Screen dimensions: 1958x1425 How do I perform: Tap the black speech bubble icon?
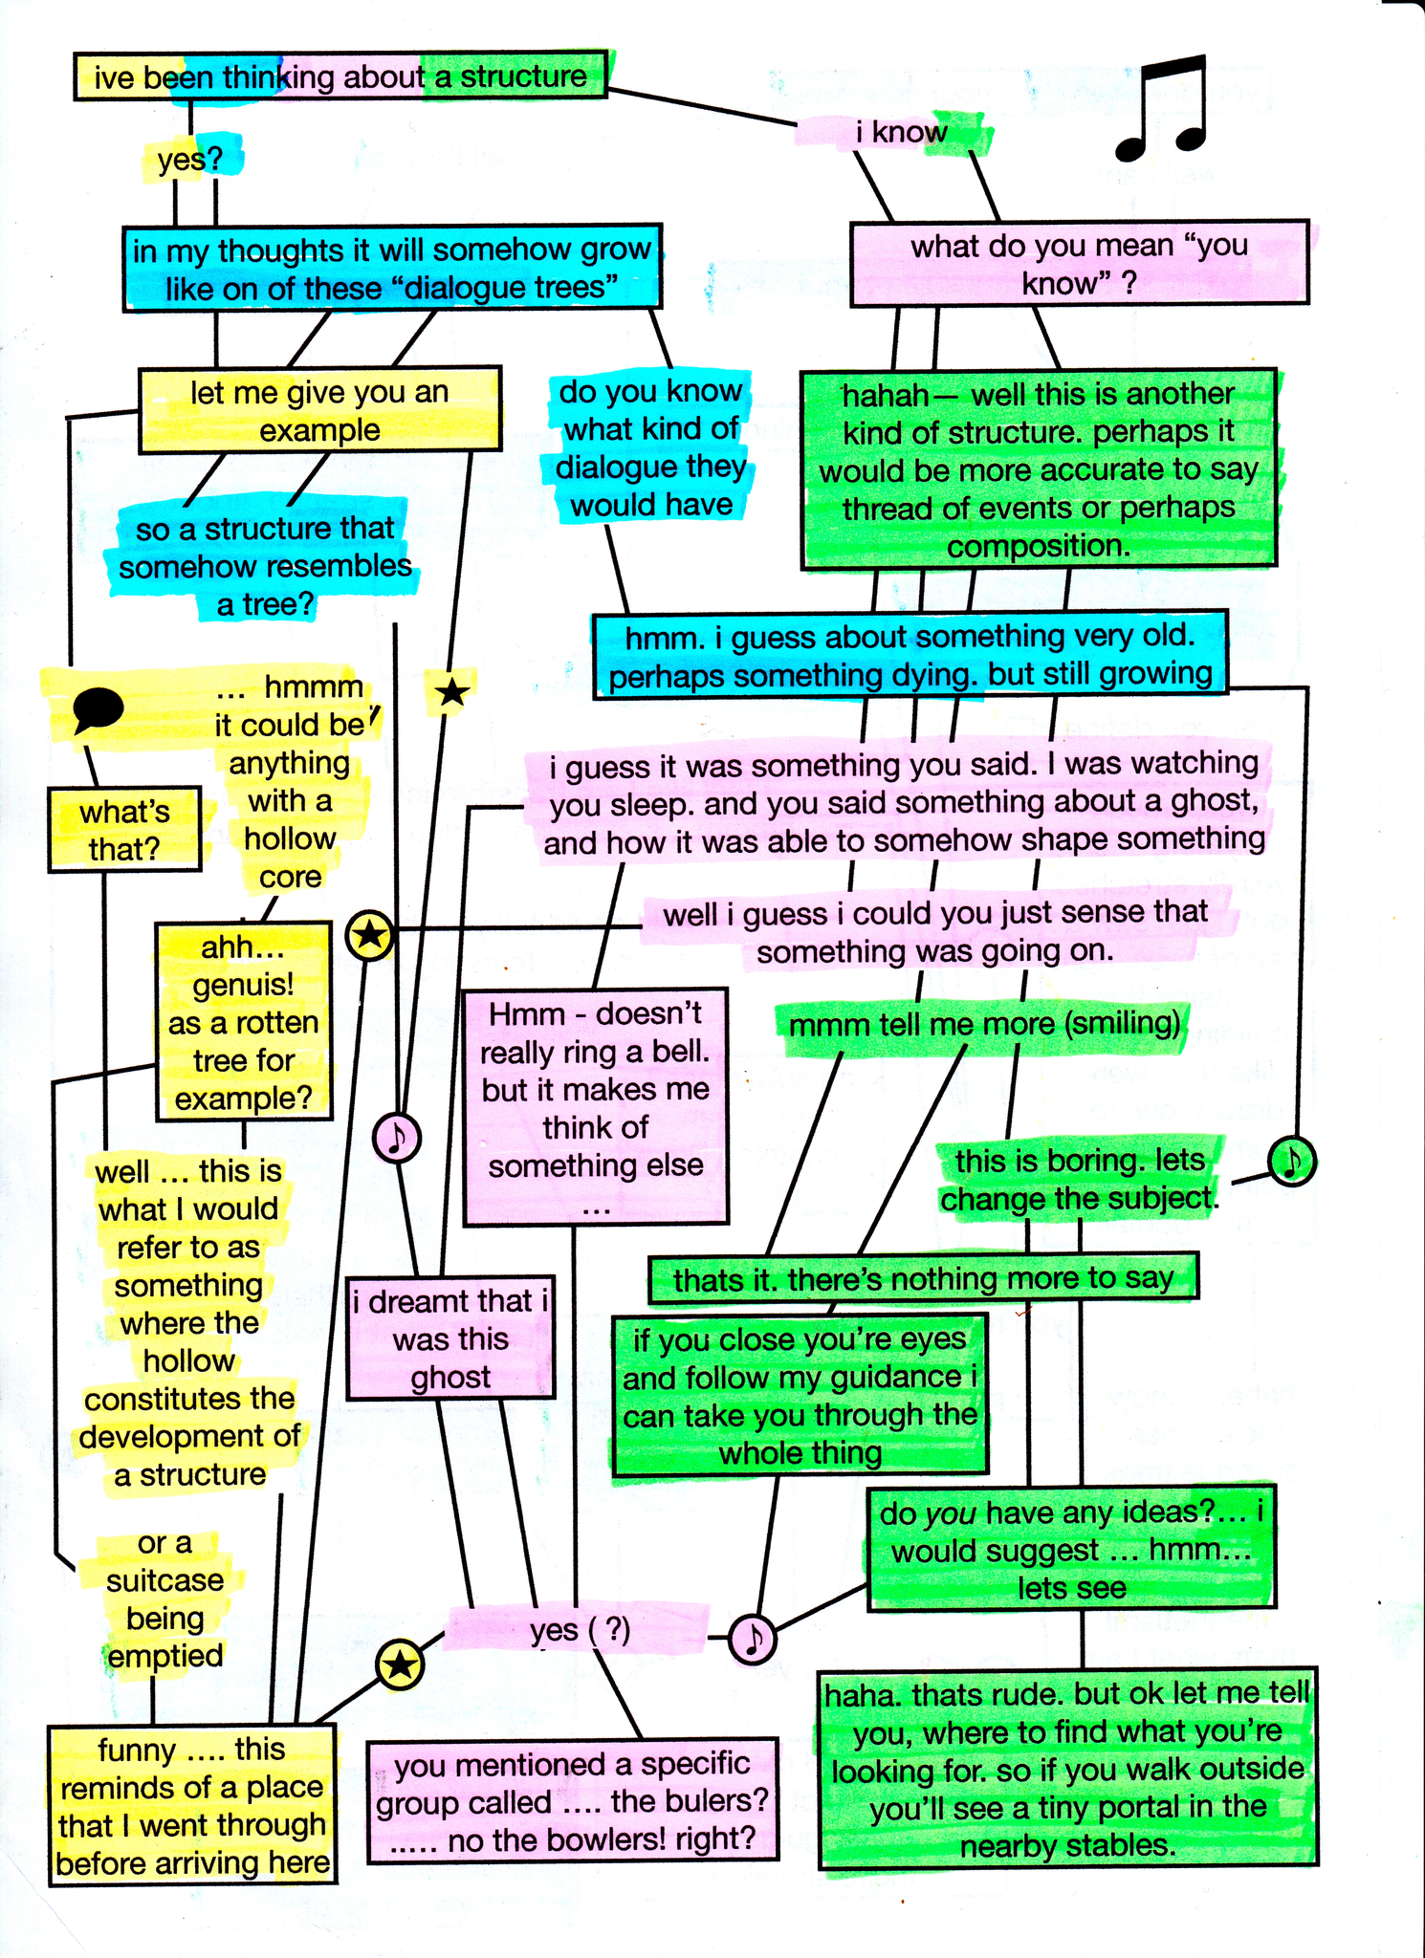pyautogui.click(x=98, y=709)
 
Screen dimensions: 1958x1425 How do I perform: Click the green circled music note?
pyautogui.click(x=1292, y=1161)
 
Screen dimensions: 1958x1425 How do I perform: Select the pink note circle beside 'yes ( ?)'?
pyautogui.click(x=753, y=1639)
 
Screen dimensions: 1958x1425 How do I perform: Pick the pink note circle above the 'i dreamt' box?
pyautogui.click(x=397, y=1138)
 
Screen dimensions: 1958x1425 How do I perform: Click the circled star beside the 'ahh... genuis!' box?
pyautogui.click(x=370, y=935)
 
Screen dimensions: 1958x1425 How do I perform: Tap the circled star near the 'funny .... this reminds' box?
pyautogui.click(x=400, y=1665)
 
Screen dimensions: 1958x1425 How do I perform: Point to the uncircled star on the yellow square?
pyautogui.click(x=451, y=692)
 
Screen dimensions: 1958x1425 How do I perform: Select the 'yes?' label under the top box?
pyautogui.click(x=189, y=159)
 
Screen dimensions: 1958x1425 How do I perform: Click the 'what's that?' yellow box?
pyautogui.click(x=124, y=830)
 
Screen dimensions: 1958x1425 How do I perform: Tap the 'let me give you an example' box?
pyautogui.click(x=319, y=410)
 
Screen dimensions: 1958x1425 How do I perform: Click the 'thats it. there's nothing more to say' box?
pyautogui.click(x=923, y=1278)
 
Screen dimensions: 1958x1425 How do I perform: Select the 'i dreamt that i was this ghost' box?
pyautogui.click(x=450, y=1338)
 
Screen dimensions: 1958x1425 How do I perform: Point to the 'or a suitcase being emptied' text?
pyautogui.click(x=164, y=1599)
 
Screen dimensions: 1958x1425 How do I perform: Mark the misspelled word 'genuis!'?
pyautogui.click(x=243, y=985)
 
